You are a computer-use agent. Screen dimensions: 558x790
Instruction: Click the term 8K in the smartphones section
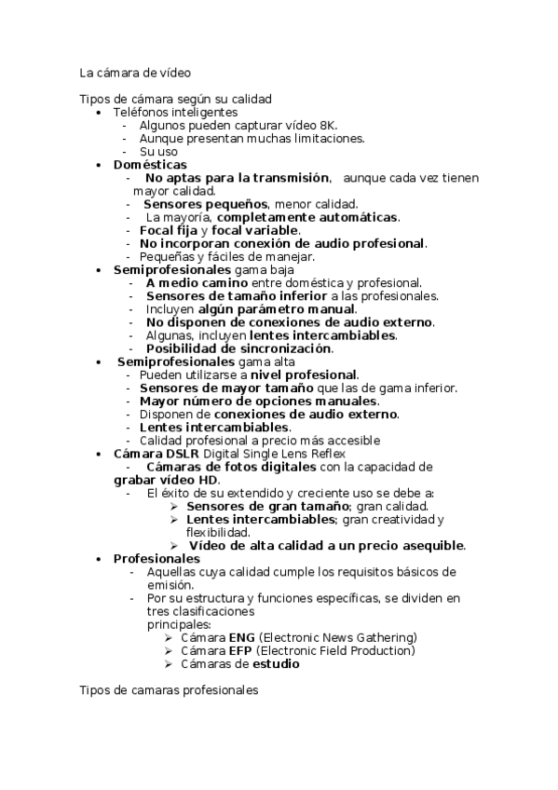tap(328, 125)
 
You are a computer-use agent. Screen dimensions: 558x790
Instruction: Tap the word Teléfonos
tap(140, 112)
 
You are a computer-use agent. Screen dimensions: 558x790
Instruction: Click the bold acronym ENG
tap(228, 637)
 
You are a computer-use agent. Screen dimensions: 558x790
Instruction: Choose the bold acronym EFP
tap(227, 650)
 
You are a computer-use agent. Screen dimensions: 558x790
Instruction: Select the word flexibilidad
tap(215, 532)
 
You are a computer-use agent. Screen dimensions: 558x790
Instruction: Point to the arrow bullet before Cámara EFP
tap(168, 650)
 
